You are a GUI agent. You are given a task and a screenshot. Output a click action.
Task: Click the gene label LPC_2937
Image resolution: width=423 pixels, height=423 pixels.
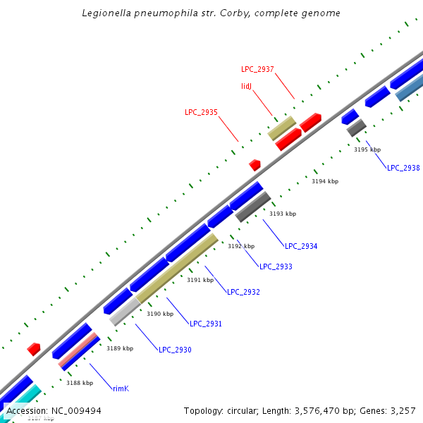pyautogui.click(x=257, y=69)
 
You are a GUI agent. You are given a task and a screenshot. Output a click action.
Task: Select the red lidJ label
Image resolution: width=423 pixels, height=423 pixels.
pyautogui.click(x=247, y=86)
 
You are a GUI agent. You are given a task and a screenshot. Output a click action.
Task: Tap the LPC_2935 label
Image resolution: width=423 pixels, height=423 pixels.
pyautogui.click(x=201, y=112)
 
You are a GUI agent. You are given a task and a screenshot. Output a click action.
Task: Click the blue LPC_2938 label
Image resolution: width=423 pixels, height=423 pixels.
pyautogui.click(x=403, y=168)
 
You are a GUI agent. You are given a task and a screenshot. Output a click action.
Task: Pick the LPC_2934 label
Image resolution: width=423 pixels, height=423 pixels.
pyautogui.click(x=301, y=246)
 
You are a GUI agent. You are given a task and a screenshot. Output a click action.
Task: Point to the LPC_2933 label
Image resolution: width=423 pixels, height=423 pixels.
pyautogui.click(x=276, y=266)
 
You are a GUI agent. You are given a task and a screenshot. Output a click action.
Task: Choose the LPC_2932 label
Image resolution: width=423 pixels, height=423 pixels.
pyautogui.click(x=243, y=292)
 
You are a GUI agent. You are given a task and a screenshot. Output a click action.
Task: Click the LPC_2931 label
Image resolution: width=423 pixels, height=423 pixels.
pyautogui.click(x=206, y=324)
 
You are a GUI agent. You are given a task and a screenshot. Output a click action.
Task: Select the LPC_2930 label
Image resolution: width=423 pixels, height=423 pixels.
pyautogui.click(x=175, y=350)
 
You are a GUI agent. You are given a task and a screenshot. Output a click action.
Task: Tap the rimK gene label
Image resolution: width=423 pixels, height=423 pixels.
pyautogui.click(x=121, y=388)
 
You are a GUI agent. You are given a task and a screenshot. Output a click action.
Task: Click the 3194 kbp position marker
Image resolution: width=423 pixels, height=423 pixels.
pyautogui.click(x=325, y=181)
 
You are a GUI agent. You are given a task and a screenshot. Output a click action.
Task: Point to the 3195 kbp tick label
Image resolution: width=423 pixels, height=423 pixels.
pyautogui.click(x=367, y=149)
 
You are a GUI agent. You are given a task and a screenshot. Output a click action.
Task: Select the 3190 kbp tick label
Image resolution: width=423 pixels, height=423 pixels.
pyautogui.click(x=160, y=314)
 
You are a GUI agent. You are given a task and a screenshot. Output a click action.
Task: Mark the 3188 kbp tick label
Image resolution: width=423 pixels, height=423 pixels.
pyautogui.click(x=80, y=383)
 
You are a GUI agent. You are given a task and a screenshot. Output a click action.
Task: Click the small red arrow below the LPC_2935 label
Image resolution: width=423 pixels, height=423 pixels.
pyautogui.click(x=255, y=165)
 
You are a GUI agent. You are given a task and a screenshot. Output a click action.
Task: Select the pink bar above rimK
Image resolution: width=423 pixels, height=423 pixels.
pyautogui.click(x=78, y=350)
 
